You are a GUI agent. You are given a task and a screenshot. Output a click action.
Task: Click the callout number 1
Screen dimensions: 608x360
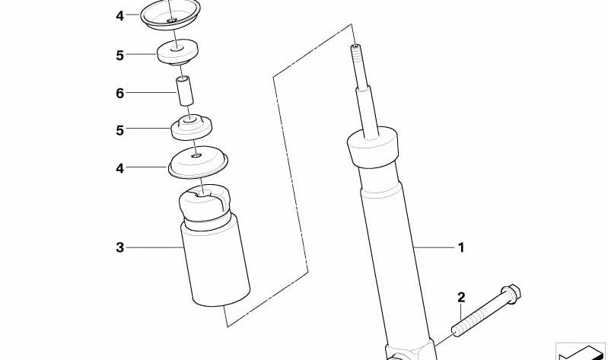(461, 247)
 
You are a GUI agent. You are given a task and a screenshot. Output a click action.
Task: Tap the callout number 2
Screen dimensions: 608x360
(461, 298)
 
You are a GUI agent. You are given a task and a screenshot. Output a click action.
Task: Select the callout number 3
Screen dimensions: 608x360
(119, 247)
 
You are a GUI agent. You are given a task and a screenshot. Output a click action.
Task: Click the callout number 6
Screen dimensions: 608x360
(119, 93)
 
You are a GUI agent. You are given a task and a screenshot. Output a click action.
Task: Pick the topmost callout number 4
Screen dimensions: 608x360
(119, 16)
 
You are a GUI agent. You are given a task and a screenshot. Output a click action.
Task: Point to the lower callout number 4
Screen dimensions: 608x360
(119, 168)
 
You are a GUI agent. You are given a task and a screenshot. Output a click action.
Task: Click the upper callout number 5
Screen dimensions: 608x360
(119, 55)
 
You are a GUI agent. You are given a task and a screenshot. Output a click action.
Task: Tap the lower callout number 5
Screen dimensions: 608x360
(119, 130)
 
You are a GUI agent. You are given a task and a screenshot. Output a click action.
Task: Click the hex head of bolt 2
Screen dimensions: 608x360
(511, 294)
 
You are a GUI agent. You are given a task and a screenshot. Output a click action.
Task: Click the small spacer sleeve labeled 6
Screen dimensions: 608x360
(185, 91)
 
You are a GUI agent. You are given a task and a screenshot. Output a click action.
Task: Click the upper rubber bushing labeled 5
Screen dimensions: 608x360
(178, 52)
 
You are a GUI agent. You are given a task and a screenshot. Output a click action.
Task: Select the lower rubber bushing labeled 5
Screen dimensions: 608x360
(192, 127)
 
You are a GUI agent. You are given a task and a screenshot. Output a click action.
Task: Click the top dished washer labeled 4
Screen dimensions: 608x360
(170, 14)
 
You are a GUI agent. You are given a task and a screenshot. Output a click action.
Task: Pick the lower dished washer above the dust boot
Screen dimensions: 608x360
(198, 162)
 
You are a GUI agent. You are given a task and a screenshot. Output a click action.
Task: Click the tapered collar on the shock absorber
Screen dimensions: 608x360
(373, 147)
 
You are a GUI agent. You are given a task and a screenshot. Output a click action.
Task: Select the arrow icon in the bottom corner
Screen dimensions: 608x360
(581, 352)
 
